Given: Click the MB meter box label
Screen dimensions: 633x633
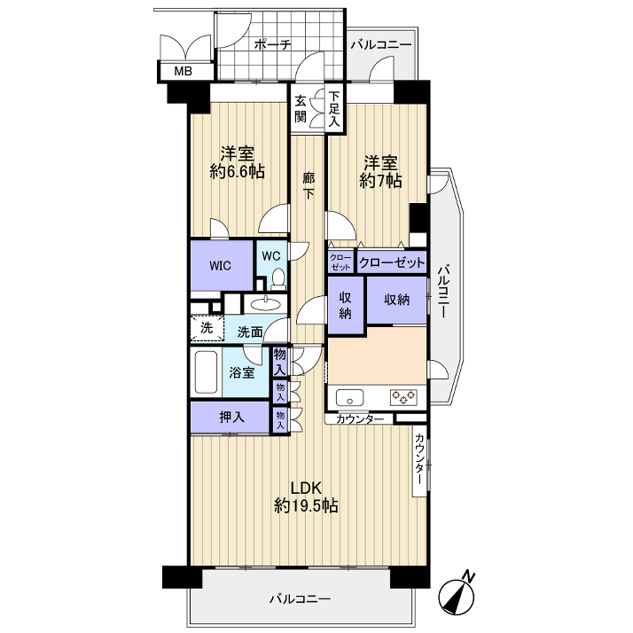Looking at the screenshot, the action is coord(183,72).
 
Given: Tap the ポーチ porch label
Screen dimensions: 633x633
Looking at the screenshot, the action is coord(272,44).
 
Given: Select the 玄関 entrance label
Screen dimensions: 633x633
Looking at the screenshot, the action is coord(301,108).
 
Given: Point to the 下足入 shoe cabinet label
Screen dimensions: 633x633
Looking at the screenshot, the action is coord(334,109).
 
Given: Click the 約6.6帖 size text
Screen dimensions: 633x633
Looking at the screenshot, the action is coord(238,172).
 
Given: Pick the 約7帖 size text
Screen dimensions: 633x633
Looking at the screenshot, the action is coord(380,181).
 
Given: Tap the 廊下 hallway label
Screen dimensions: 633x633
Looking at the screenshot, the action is coord(309,185).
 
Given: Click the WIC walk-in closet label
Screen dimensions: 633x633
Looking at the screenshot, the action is coord(221,266).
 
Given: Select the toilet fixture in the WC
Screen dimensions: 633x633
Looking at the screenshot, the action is coord(278,279).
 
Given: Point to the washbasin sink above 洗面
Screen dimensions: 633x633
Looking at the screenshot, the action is coord(265,304).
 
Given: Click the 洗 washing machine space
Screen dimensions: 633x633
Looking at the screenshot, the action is coord(207,328).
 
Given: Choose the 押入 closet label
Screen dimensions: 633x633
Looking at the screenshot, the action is coord(231,417).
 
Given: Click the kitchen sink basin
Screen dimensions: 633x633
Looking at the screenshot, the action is coord(349,398).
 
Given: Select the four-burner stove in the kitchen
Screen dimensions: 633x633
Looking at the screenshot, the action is coord(403,397).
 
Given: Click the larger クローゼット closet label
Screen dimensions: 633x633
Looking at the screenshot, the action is coord(392,263).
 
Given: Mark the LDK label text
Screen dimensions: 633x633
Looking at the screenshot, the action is coord(307,488).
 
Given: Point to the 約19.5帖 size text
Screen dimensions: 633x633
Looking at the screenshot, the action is coord(307,505).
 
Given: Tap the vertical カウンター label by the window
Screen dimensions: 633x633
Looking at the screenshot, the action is coord(420,459).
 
